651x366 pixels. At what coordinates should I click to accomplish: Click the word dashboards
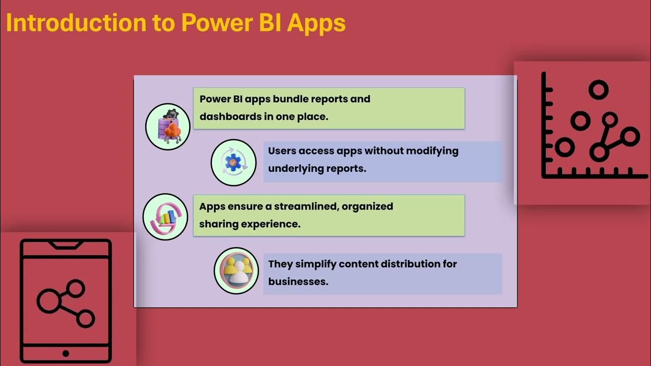(229, 116)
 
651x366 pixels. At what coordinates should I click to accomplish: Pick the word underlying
(293, 168)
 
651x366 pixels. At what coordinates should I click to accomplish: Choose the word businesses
(298, 281)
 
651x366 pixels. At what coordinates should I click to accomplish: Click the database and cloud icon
(168, 126)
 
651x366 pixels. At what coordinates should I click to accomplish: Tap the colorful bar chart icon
(165, 217)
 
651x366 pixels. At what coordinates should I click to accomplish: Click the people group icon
(236, 270)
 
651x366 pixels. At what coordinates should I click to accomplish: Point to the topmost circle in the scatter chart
(598, 90)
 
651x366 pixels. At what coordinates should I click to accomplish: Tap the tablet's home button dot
(66, 353)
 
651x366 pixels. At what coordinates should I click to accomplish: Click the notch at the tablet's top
(66, 245)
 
